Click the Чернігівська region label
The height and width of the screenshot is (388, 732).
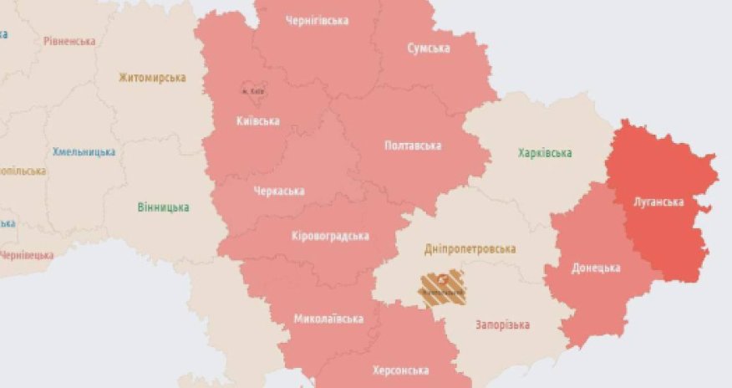317,20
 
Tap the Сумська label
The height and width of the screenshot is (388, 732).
428,48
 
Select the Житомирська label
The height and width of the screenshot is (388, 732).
151,78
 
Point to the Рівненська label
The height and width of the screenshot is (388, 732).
69,40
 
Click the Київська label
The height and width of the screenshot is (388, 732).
257,121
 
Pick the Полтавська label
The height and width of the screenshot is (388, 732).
412,145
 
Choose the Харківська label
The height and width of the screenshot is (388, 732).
545,153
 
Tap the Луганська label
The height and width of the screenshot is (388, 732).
660,202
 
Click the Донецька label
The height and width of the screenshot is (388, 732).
596,268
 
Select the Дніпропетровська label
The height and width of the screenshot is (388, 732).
470,248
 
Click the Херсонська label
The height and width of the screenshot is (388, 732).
402,370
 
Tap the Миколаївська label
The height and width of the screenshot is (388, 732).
328,319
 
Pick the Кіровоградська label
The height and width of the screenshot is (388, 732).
330,236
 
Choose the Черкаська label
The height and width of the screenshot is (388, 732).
278,191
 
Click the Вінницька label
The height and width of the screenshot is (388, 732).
163,207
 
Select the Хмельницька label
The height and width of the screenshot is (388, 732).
84,152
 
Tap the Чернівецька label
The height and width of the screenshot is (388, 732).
25,255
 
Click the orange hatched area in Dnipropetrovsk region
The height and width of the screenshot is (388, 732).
442,288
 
